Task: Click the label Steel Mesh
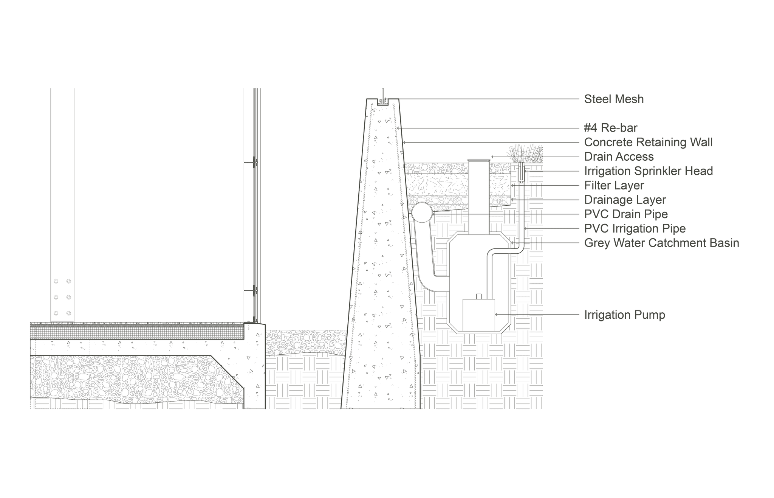614,99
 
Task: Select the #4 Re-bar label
611,128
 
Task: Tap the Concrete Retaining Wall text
648,142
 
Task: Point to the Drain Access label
619,157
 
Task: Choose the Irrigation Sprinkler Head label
648,171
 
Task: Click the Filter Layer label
614,185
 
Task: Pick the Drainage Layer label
625,200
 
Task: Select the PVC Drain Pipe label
626,214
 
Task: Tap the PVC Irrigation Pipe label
635,228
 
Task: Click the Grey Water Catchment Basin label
661,243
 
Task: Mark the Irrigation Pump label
624,315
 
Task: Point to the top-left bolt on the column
56,281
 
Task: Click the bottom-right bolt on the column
68,313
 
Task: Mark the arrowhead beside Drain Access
492,157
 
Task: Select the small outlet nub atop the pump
479,296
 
